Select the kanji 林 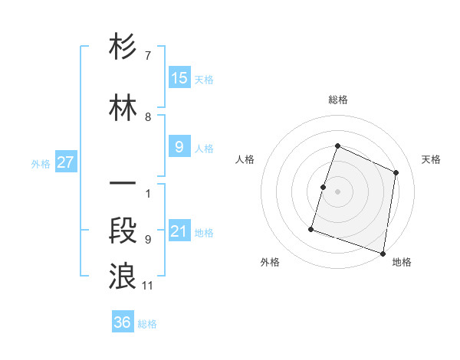[123, 108]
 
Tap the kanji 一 [123, 184]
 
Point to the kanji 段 [123, 231]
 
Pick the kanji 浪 [123, 276]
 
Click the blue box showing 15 [179, 78]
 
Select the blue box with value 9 [179, 147]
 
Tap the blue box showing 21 [179, 231]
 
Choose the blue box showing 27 [65, 162]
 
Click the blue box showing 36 [123, 322]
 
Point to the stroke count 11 [148, 286]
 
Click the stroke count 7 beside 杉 [148, 56]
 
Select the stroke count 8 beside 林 [148, 117]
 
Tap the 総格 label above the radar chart [337, 100]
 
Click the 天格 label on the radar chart [431, 159]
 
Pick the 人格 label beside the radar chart [245, 159]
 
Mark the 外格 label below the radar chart [270, 262]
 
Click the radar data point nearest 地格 [383, 253]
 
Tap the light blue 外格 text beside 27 [41, 163]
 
